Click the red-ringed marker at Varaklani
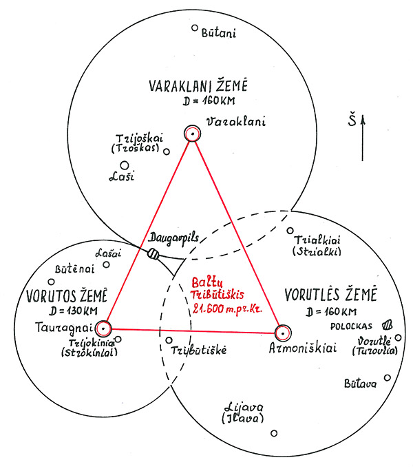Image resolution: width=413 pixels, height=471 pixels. coord(192,134)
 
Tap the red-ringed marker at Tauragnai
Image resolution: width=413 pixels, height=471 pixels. coord(103,328)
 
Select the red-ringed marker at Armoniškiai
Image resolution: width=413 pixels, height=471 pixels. coord(283,333)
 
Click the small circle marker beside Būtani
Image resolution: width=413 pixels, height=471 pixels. coord(195,28)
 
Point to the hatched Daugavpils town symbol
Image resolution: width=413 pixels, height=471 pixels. coord(153,254)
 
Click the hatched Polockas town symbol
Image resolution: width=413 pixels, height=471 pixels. coord(387,324)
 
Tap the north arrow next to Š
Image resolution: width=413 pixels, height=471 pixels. coord(363,138)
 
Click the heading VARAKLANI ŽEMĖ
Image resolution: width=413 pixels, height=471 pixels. coord(198,85)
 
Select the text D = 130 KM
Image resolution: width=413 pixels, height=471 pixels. coord(74,311)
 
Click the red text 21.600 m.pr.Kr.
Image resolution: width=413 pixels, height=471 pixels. coord(227,308)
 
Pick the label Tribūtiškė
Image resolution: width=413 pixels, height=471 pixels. coord(199,350)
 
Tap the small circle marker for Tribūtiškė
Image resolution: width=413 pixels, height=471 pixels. coord(169,340)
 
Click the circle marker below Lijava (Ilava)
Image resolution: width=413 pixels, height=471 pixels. coord(274,433)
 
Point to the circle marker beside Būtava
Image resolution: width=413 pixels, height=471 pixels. coord(388,377)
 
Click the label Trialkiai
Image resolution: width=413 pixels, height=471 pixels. coord(317,240)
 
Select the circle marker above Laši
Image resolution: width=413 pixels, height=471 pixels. coord(124,165)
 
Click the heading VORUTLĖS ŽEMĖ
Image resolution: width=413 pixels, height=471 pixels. coord(330,295)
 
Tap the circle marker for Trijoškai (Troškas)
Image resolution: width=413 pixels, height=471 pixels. coord(167,151)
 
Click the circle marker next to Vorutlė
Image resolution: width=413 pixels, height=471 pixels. coord(399,337)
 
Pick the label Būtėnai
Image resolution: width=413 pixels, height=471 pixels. coord(74,269)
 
